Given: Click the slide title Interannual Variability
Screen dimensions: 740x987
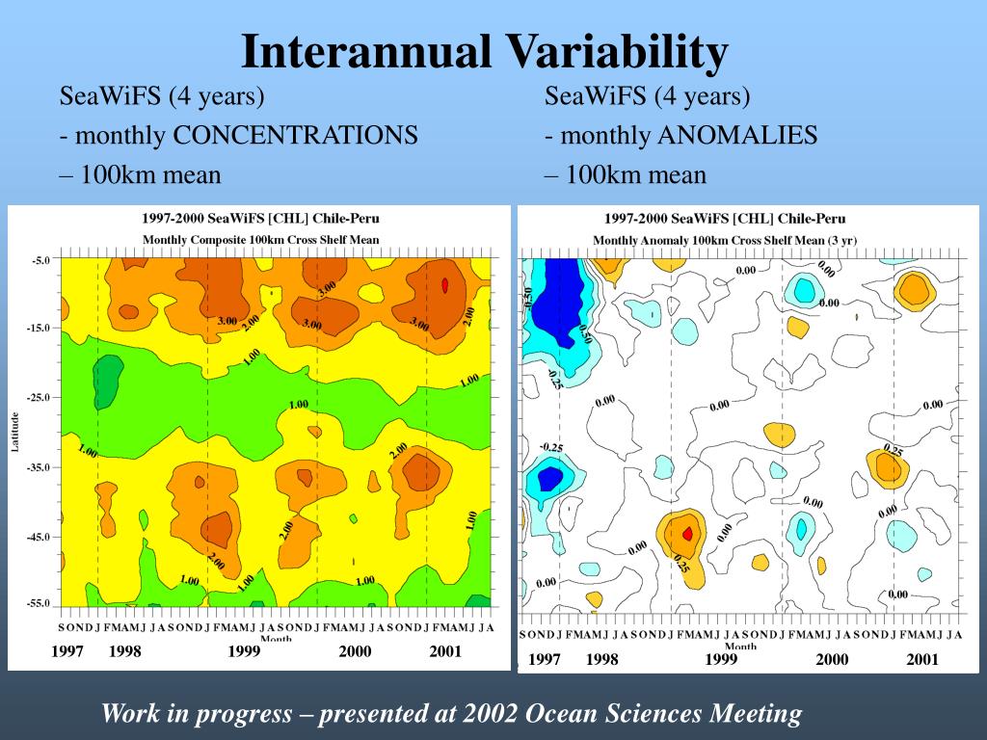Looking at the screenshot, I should (484, 52).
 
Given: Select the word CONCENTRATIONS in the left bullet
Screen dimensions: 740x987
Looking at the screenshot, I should (295, 136).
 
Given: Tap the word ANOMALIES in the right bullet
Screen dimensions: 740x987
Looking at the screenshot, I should (737, 136).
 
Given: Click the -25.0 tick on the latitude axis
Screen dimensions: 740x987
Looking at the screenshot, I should (39, 397).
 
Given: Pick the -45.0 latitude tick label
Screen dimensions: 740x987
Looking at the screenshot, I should (39, 536).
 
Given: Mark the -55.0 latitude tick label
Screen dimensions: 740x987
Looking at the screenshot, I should (39, 603).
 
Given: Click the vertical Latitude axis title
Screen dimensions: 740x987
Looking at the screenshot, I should (14, 431).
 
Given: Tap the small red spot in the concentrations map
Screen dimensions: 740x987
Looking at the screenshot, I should (444, 285).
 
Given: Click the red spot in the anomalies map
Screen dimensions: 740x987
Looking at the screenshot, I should (687, 533).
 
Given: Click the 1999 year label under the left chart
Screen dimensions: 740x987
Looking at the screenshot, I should (245, 652).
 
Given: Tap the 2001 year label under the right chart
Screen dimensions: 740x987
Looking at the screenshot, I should (922, 660).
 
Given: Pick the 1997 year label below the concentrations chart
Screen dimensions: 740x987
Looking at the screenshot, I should (67, 652).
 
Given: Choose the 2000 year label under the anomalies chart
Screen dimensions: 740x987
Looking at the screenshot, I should (832, 660).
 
